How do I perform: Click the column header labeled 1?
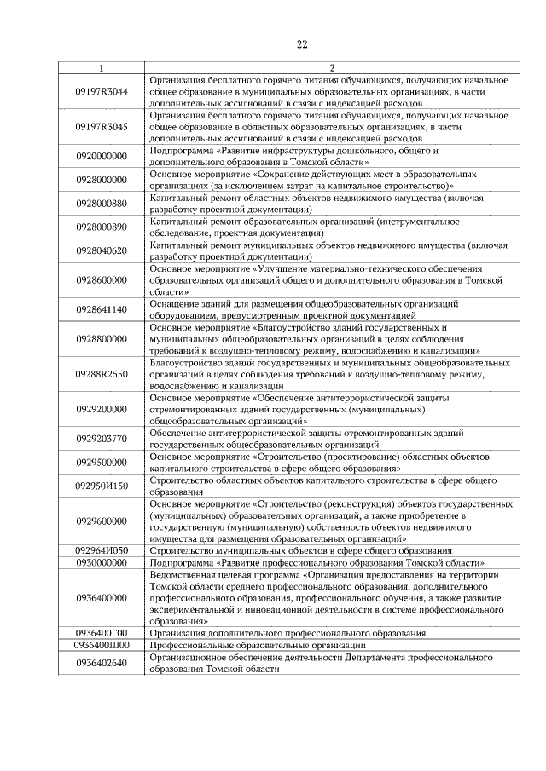(x=102, y=67)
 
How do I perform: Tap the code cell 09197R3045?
(x=102, y=127)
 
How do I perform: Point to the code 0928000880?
(x=102, y=204)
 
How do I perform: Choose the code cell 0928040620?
(x=102, y=250)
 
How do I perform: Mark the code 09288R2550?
(x=102, y=374)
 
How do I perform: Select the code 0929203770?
(x=102, y=439)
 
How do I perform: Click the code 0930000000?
(x=102, y=563)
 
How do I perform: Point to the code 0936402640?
(x=102, y=664)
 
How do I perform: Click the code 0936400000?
(x=102, y=599)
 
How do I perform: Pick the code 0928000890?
(x=102, y=227)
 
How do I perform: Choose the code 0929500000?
(x=102, y=463)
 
